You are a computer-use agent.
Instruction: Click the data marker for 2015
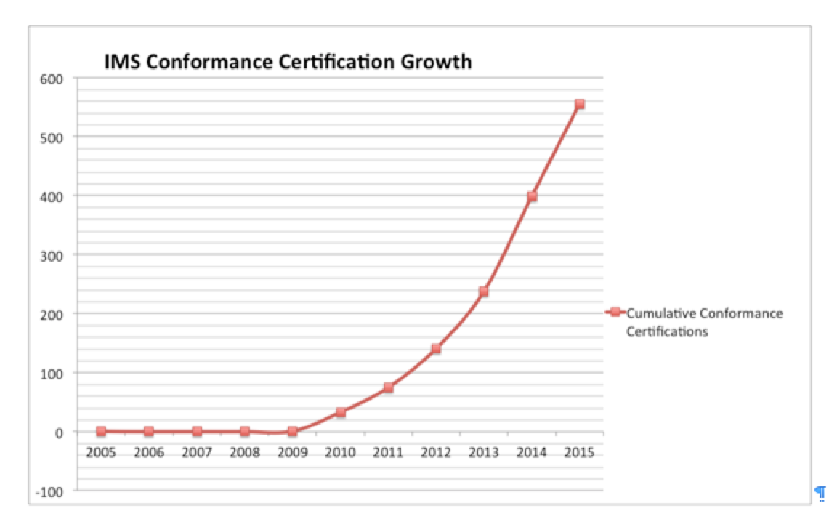point(580,104)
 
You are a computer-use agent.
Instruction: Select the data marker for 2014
point(532,196)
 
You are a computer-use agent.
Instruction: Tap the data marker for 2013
point(484,291)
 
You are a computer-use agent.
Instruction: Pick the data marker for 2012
point(436,349)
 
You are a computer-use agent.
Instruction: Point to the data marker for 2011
point(388,387)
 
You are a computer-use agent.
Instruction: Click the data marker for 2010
point(340,412)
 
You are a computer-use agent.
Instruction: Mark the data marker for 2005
point(101,431)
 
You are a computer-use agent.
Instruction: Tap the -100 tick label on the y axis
point(52,491)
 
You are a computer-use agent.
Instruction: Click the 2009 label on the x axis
point(292,452)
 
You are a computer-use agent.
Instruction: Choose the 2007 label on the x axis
point(196,452)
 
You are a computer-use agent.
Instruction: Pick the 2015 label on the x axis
point(580,452)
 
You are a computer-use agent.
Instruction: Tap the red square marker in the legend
point(615,313)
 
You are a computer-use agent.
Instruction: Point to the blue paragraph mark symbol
point(820,493)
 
